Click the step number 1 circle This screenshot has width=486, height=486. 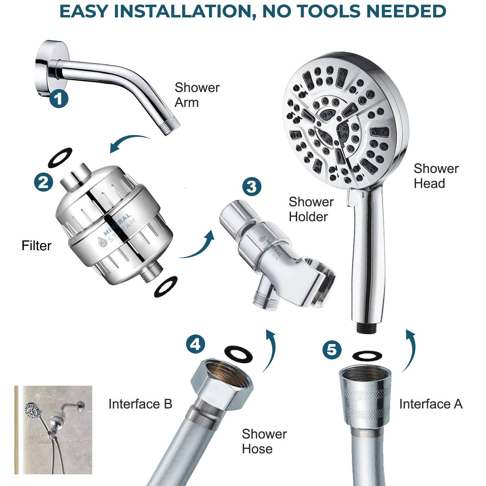pyautogui.click(x=59, y=98)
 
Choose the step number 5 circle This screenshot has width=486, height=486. pyautogui.click(x=332, y=350)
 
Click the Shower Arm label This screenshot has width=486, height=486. pyautogui.click(x=197, y=95)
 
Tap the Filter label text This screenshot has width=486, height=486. pyautogui.click(x=36, y=246)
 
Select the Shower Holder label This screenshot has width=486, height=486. pyautogui.click(x=311, y=209)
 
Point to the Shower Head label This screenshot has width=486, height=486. pyautogui.click(x=436, y=176)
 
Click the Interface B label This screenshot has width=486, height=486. pyautogui.click(x=140, y=404)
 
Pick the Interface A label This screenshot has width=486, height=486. pyautogui.click(x=430, y=404)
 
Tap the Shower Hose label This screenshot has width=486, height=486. pyautogui.click(x=264, y=441)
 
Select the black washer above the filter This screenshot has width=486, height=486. pyautogui.click(x=60, y=157)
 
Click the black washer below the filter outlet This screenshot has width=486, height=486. pyautogui.click(x=166, y=286)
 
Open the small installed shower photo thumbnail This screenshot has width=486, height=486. pyautogui.click(x=53, y=430)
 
